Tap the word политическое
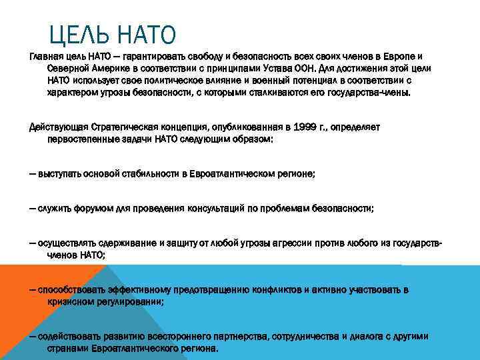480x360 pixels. [165, 81]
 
